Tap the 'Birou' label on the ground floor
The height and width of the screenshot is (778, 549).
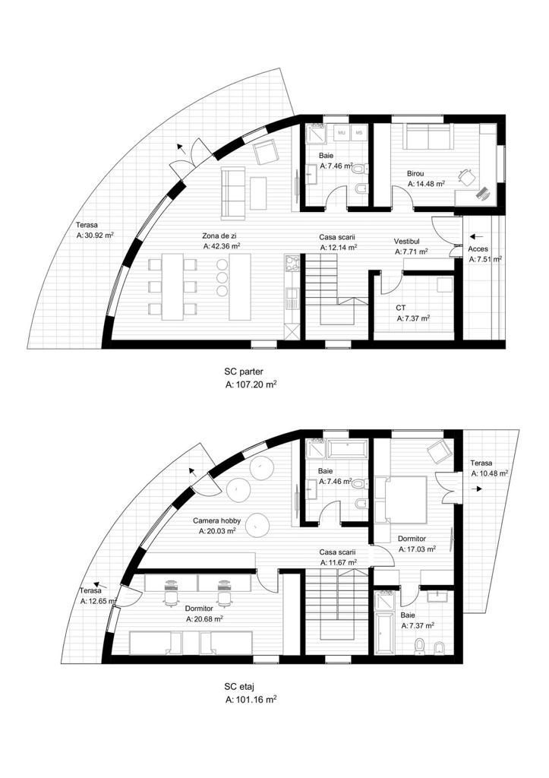[415, 174]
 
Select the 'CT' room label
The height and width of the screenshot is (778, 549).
[401, 308]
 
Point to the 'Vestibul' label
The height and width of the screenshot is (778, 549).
[407, 242]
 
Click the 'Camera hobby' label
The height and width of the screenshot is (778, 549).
[216, 521]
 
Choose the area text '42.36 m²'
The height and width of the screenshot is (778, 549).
[226, 245]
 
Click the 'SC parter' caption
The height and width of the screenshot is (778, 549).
[244, 372]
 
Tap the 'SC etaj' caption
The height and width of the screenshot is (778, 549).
[239, 687]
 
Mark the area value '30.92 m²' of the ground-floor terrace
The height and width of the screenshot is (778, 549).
[99, 236]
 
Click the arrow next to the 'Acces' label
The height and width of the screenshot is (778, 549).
[476, 236]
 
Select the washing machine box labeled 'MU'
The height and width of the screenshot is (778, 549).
[342, 133]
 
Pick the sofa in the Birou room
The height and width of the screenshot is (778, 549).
[428, 137]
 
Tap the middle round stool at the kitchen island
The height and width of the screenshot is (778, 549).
[222, 277]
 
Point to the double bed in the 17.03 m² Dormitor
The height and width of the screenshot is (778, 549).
[401, 500]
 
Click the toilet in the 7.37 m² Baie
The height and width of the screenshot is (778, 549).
[420, 647]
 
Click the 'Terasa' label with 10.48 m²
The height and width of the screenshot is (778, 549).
[481, 463]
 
